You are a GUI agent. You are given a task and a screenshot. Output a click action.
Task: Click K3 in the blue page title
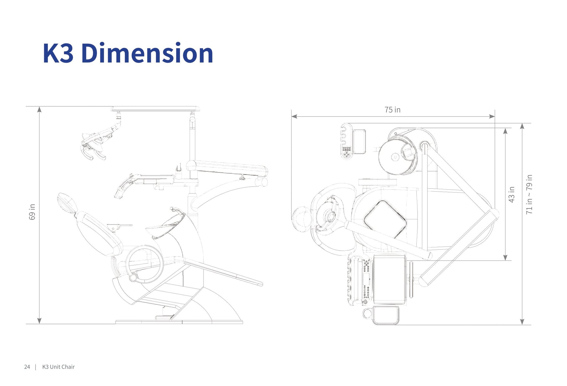click(58, 53)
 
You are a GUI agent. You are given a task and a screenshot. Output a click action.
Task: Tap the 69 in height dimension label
click(32, 212)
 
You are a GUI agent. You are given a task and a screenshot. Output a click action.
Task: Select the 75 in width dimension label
click(392, 110)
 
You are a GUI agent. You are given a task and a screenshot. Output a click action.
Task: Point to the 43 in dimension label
click(511, 194)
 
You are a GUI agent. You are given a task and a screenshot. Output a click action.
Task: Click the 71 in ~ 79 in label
click(529, 194)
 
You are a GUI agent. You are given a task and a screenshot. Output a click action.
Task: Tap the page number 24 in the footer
click(27, 367)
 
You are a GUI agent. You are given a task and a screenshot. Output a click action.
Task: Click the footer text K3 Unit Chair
click(58, 367)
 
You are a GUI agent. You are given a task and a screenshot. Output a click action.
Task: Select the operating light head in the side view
click(93, 144)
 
